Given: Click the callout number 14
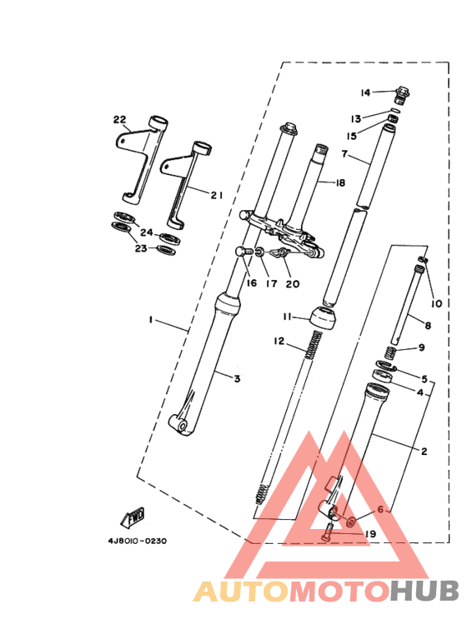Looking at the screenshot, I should (365, 92).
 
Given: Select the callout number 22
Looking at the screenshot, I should (119, 119).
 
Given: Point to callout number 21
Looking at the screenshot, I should (216, 195).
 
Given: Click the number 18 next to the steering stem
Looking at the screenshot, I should (339, 182).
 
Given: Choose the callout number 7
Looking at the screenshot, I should (344, 154).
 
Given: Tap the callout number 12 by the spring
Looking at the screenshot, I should (279, 342).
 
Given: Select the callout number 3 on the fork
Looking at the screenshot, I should (237, 379).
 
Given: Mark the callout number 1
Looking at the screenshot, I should (152, 320).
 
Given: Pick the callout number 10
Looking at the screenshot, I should (436, 302).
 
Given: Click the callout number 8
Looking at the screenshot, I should (428, 326).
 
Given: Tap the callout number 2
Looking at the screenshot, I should (424, 451).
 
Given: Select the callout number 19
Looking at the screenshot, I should (371, 534).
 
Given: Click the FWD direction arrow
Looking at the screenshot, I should (135, 519).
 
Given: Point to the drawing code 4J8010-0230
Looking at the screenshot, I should (137, 541).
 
